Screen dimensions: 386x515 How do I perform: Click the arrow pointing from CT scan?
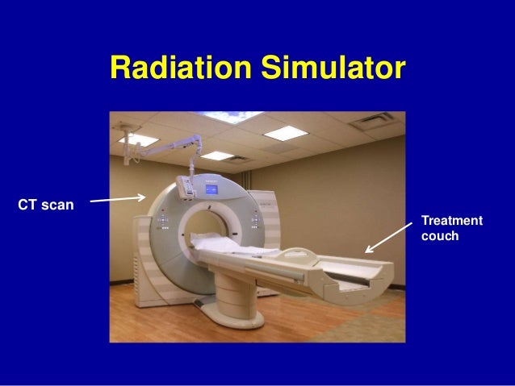pos(117,198)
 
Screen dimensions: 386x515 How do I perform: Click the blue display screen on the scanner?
pos(212,191)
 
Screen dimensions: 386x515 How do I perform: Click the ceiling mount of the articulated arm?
pos(127,127)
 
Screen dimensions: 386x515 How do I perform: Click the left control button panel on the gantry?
pos(162,221)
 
